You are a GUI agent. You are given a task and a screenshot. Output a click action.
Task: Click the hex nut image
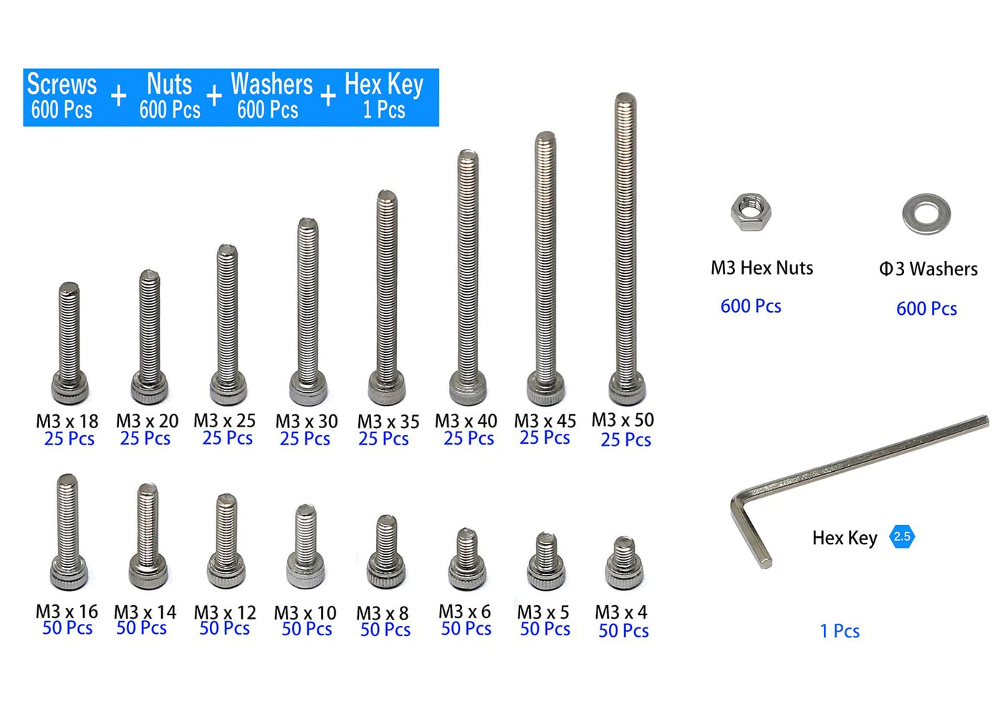[x=751, y=212]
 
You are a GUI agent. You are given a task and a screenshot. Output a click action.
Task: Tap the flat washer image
[x=926, y=214]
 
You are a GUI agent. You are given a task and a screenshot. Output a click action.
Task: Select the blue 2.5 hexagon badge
[x=902, y=536]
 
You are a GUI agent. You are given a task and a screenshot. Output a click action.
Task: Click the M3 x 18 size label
[x=67, y=421]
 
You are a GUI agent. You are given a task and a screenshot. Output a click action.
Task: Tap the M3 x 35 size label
[x=388, y=422]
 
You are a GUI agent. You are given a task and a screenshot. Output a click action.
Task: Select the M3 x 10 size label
[x=305, y=612]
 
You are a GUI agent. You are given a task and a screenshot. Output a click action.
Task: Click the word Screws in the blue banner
[x=62, y=84]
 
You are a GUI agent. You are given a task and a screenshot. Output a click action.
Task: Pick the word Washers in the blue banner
[x=272, y=84]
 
